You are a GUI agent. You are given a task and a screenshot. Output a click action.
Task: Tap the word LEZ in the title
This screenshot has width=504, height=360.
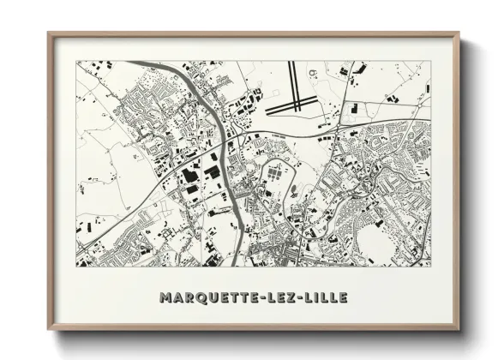coord(284,297)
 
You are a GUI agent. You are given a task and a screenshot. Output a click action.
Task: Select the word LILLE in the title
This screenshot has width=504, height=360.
coord(325,297)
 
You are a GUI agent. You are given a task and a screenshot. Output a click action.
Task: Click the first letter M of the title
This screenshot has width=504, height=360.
coord(165,297)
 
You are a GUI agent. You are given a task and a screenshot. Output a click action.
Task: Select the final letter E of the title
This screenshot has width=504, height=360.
coord(344,297)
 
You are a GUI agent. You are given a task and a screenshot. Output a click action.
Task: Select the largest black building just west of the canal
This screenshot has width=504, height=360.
coord(189,175)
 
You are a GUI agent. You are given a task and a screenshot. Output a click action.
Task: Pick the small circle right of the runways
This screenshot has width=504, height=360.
coord(314,73)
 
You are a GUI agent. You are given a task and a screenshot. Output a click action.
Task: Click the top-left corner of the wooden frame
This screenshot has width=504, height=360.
coord(49,33)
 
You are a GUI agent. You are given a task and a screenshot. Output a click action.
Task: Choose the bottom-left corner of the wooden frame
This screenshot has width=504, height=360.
coord(49,330)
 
